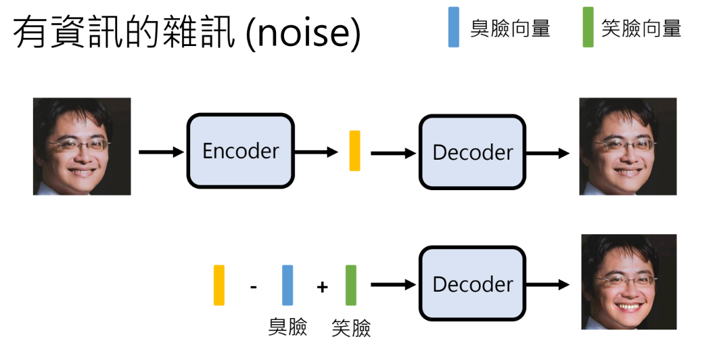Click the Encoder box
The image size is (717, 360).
tap(240, 152)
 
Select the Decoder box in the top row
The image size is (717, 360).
tap(472, 152)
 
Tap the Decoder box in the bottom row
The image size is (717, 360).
tap(472, 284)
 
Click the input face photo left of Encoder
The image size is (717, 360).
tap(82, 146)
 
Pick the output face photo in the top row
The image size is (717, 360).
tap(628, 146)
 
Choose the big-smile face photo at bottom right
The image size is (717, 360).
tap(628, 282)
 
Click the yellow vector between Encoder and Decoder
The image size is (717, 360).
tap(354, 151)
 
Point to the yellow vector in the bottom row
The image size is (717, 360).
tap(219, 285)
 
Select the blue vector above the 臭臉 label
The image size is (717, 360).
tap(287, 285)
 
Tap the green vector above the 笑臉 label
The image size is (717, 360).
tap(350, 285)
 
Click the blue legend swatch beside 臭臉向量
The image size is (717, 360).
tap(454, 27)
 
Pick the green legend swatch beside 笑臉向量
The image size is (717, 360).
tap(588, 27)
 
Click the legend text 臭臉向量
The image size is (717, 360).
tap(510, 28)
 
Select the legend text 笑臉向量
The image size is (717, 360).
tap(641, 28)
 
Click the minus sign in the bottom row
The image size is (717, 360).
tap(254, 287)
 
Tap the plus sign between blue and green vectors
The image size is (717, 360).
tap(322, 287)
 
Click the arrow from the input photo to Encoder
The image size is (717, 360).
tap(161, 152)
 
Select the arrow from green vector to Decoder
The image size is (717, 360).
tap(393, 285)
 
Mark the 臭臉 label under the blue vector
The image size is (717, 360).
tap(287, 327)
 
